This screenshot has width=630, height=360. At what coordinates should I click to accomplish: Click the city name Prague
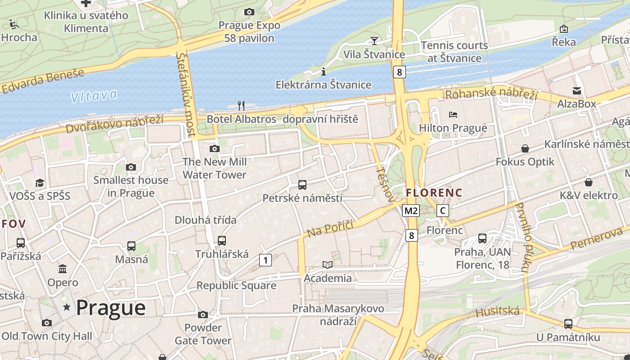tap(111, 308)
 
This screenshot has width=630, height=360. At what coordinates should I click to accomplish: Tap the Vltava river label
tap(94, 96)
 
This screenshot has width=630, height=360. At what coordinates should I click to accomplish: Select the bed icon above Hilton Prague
tap(453, 115)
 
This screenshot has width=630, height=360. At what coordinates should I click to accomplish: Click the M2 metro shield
tap(411, 211)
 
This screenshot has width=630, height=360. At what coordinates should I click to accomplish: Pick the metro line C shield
tap(443, 211)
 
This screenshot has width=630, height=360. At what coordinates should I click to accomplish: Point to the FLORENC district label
tap(434, 193)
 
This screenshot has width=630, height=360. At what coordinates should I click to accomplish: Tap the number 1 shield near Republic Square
tap(265, 260)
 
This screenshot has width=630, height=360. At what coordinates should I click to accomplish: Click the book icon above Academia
tap(328, 265)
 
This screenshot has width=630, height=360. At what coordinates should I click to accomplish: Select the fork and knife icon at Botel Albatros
tap(241, 106)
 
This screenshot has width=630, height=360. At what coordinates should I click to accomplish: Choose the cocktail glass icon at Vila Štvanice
tap(374, 41)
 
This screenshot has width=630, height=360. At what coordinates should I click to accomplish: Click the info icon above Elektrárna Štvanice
tap(323, 72)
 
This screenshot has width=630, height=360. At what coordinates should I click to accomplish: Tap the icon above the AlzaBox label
tap(576, 91)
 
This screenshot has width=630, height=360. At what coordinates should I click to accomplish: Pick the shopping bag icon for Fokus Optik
tap(525, 148)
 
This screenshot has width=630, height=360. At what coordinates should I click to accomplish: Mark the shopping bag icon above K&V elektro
tap(588, 182)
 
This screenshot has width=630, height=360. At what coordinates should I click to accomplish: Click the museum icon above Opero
tap(63, 269)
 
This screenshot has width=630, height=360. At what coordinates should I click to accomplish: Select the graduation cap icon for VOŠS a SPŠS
tap(40, 183)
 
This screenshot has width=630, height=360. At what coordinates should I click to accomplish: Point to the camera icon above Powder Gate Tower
tap(203, 315)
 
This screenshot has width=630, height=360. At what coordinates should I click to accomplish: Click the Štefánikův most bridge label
tap(186, 94)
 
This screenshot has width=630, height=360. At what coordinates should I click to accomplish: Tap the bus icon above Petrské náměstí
tap(302, 184)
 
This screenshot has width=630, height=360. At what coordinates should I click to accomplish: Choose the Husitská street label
tap(497, 311)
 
